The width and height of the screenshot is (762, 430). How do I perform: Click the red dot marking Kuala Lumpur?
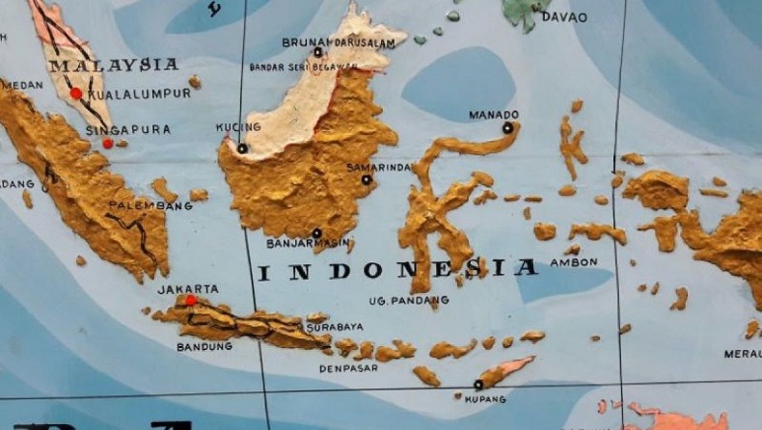coord(75,94)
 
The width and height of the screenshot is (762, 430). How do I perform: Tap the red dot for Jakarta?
coord(191,301)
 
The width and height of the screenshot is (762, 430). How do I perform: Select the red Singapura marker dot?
coord(107,144)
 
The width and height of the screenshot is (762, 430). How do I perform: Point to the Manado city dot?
coord(507,127)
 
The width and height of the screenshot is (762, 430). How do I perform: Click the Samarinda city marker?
coord(367,179)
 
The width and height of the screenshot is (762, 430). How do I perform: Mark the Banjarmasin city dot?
coord(316,233)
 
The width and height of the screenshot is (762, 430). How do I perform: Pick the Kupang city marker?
coord(477,385)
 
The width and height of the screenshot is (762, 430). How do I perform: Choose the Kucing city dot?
coord(242,148)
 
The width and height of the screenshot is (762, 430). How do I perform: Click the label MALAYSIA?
coord(114,66)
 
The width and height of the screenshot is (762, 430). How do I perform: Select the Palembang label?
coord(144,205)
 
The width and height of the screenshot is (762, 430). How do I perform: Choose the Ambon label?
coord(574,261)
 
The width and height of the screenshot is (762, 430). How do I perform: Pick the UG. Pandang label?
coord(408,301)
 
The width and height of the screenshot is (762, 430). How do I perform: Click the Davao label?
coord(563,17)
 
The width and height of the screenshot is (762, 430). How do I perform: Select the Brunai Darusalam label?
coord(338,41)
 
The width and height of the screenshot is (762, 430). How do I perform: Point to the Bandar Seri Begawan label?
coord(303,67)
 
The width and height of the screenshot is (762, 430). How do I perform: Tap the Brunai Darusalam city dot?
coord(317,52)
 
